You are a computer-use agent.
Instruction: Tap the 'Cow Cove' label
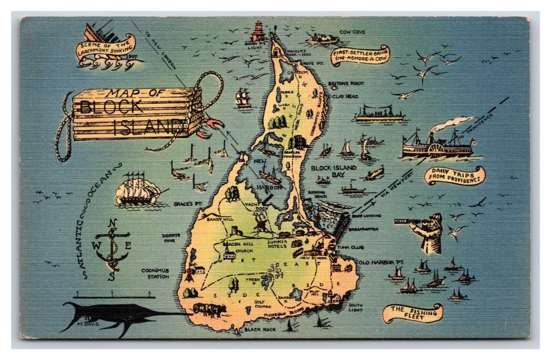click(x=352, y=32)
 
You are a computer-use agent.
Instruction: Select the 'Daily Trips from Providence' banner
click(x=455, y=176)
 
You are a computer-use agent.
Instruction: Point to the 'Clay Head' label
click(x=348, y=96)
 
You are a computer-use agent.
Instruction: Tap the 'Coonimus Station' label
click(x=155, y=274)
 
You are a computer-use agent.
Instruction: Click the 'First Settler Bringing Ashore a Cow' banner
click(x=360, y=55)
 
